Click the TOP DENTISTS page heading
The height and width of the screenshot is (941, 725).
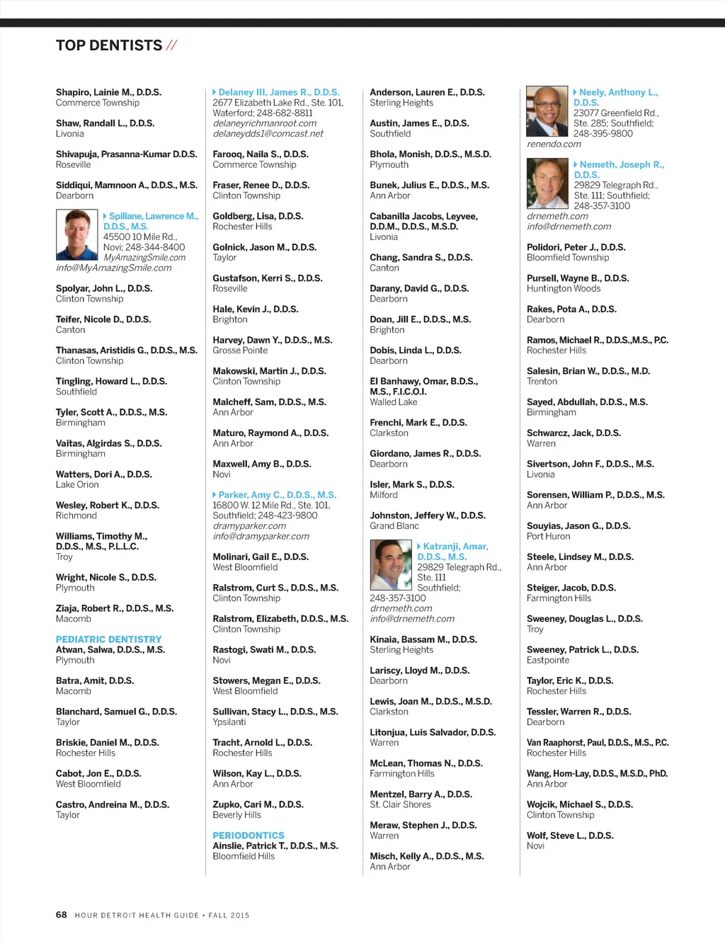coord(109,45)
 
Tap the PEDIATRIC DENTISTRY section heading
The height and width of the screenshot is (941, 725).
coord(108,639)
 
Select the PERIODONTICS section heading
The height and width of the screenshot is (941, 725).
coord(248,836)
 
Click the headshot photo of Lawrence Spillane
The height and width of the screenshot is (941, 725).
coord(76,235)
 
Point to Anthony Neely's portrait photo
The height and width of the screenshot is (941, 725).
coord(547,111)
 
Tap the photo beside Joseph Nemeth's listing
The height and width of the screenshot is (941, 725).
coord(547,183)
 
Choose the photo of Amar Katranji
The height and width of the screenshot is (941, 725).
coord(390,565)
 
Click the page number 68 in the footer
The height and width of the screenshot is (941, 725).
coord(62,915)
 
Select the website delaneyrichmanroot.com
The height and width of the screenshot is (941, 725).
coord(264,123)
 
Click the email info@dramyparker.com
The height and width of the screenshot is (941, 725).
coord(261,536)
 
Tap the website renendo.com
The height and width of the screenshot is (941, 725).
coord(554,144)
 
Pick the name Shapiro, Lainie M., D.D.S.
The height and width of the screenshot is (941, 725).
coord(108,92)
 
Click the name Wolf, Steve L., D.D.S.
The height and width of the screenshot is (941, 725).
coord(569,836)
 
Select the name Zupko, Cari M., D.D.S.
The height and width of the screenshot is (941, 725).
coord(258,804)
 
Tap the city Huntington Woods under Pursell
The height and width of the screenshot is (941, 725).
coord(563,288)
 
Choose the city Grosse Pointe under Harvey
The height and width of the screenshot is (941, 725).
coord(240,350)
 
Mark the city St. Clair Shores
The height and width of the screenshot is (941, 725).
coord(400,804)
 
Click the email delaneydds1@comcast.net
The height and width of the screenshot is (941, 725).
coord(268,133)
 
